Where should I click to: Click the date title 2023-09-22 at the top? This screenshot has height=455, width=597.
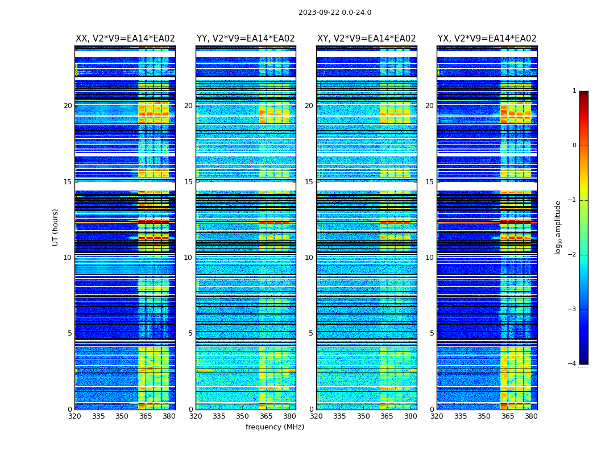(334, 13)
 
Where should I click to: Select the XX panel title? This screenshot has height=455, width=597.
(125, 39)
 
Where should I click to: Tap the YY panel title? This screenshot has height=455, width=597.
(246, 39)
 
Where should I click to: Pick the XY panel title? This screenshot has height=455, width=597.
(366, 39)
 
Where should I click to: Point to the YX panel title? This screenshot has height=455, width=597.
(487, 39)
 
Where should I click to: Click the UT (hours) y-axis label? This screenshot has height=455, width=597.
(56, 227)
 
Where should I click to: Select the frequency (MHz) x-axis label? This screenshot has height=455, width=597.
(275, 427)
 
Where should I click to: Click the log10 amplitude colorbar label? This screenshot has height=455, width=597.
(558, 227)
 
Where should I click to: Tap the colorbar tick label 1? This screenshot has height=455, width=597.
(574, 91)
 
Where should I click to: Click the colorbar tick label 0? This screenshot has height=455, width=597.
(574, 146)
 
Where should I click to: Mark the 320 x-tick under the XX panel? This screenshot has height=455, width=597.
(74, 416)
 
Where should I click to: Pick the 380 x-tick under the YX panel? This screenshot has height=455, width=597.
(531, 416)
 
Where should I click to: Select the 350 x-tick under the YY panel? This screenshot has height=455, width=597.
(243, 416)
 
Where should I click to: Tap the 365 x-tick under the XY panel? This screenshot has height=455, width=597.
(387, 416)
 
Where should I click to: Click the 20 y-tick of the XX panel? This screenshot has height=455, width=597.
(68, 106)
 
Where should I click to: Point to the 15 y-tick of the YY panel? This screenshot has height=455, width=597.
(188, 182)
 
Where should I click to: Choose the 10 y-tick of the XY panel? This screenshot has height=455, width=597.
(309, 258)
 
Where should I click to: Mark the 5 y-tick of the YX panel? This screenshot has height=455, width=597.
(432, 333)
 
